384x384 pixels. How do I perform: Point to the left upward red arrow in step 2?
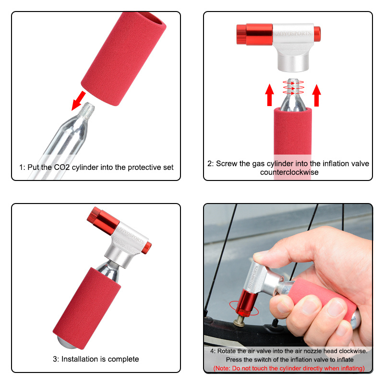(x=269, y=94)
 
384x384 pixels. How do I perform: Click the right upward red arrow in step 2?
(x=316, y=94)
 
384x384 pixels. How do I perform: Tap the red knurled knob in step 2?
(x=241, y=34)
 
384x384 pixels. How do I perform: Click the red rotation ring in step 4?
(x=245, y=307)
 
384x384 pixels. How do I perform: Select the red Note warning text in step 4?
(x=288, y=368)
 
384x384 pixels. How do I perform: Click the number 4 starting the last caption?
(x=212, y=351)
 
